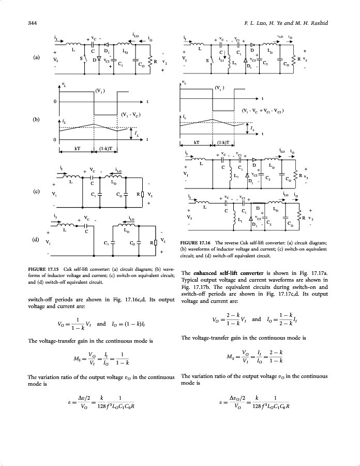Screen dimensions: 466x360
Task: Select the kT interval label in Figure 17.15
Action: point(77,149)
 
